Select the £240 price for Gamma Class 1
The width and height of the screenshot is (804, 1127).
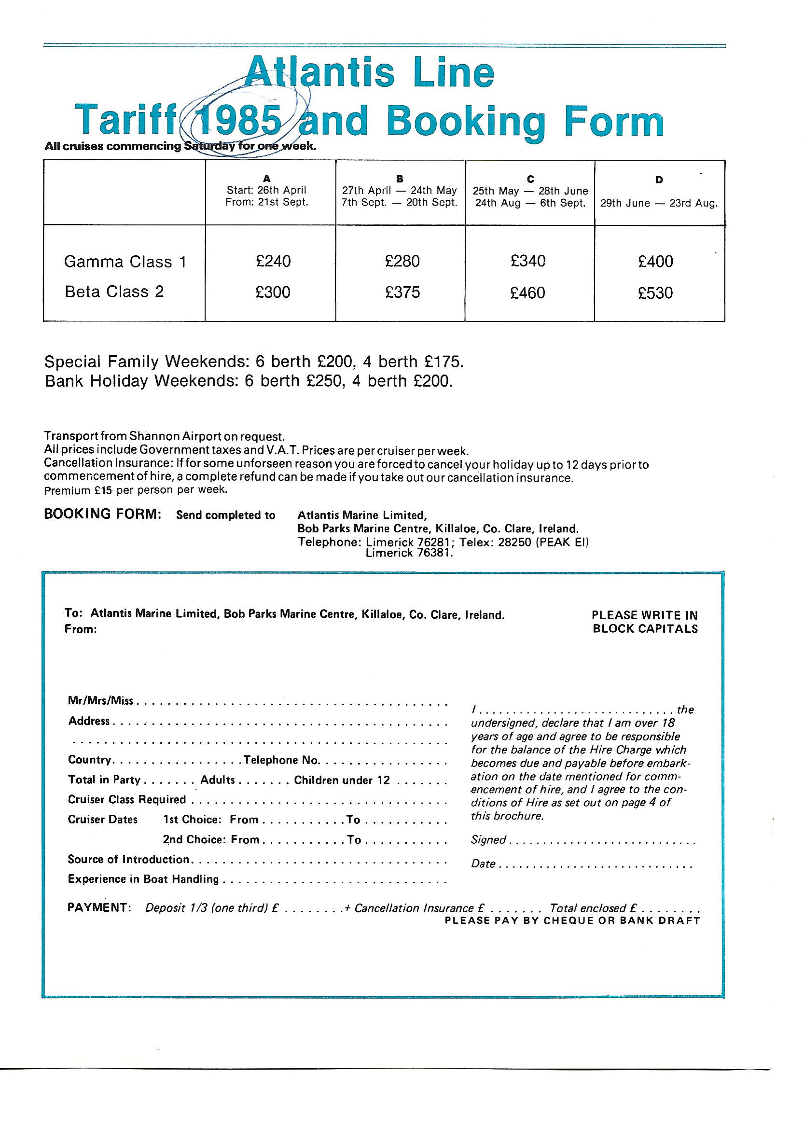pyautogui.click(x=273, y=262)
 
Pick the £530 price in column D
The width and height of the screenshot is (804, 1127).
pyautogui.click(x=655, y=293)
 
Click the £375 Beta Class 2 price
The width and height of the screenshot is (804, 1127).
pyautogui.click(x=402, y=292)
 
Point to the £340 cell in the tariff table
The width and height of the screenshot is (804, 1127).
pyautogui.click(x=528, y=261)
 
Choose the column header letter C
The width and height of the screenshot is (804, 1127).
pyautogui.click(x=530, y=179)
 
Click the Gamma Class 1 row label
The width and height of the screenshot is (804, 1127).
pyautogui.click(x=125, y=262)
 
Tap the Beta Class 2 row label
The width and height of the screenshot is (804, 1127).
pyautogui.click(x=114, y=292)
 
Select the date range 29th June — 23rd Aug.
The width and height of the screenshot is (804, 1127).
pyautogui.click(x=659, y=204)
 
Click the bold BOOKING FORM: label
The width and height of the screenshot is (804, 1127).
pyautogui.click(x=102, y=514)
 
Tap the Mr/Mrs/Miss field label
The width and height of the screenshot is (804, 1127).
pyautogui.click(x=101, y=701)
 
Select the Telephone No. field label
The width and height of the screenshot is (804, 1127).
pyautogui.click(x=282, y=760)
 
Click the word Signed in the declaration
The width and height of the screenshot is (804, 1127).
pyautogui.click(x=488, y=840)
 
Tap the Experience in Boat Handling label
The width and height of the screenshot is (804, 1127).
pyautogui.click(x=143, y=879)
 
